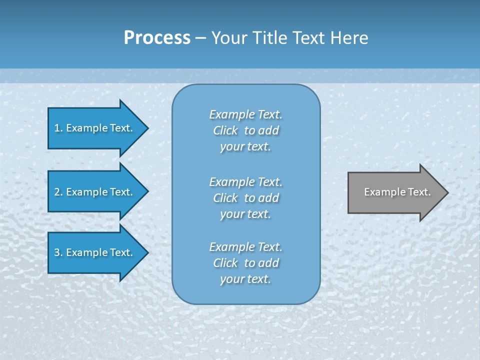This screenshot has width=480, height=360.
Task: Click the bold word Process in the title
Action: (x=157, y=38)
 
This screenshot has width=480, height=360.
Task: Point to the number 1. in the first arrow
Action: (x=58, y=128)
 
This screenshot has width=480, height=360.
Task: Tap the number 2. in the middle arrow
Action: (x=58, y=192)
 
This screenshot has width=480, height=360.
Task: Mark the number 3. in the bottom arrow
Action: (x=58, y=252)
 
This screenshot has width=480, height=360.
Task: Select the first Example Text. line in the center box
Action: (x=245, y=114)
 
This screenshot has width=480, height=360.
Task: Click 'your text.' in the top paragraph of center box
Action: (x=245, y=146)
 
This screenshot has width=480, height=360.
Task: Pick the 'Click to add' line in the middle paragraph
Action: (x=245, y=198)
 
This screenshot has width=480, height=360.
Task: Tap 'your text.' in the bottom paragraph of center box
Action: (x=245, y=279)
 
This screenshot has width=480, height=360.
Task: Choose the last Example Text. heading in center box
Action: (x=245, y=247)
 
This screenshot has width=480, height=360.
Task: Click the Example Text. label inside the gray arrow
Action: (x=397, y=192)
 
